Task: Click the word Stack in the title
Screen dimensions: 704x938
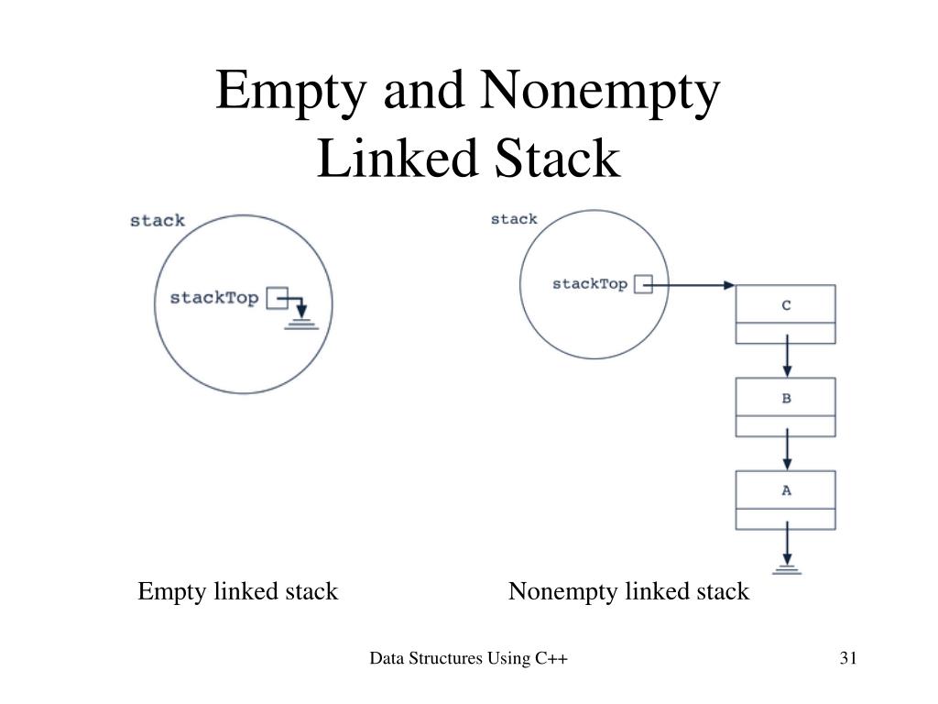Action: tap(560, 158)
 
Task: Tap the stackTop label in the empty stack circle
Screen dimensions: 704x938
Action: tap(214, 299)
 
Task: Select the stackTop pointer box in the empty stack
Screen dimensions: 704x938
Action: tap(276, 297)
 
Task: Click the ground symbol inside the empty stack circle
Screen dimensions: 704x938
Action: tap(301, 324)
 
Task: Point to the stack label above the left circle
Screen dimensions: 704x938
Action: tap(158, 221)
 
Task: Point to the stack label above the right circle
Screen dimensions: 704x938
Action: tap(514, 219)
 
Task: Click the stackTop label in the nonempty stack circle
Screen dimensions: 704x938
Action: tap(590, 284)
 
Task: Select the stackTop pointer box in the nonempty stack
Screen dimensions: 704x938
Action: tap(643, 284)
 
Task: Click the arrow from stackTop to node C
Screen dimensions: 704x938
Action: tap(693, 285)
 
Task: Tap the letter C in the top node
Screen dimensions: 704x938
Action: tap(786, 306)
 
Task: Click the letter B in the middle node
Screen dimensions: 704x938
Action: tap(786, 399)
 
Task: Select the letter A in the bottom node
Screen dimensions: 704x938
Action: tap(786, 490)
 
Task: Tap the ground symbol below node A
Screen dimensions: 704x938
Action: tap(786, 569)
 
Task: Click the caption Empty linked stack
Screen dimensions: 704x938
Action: tap(238, 592)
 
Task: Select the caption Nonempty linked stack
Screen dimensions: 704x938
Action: tap(628, 592)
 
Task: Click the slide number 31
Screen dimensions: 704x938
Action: tap(846, 658)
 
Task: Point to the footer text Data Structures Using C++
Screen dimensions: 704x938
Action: tap(470, 658)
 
